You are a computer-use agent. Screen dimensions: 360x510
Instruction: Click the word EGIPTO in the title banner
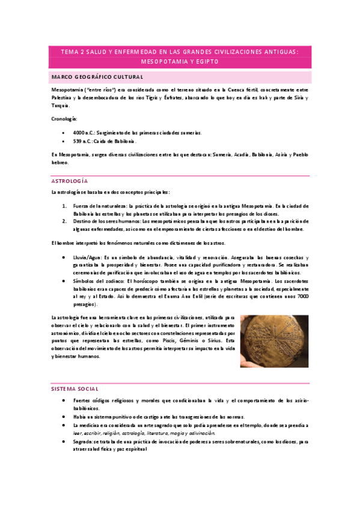click(206, 61)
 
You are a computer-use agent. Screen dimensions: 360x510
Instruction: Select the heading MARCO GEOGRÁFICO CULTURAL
click(98, 78)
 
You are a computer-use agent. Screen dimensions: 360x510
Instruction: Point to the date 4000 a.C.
click(84, 132)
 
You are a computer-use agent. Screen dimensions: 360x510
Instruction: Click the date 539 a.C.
click(82, 141)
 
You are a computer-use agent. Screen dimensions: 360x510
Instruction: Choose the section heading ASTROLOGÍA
click(70, 181)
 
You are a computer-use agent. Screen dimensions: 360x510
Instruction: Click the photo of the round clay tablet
click(273, 341)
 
